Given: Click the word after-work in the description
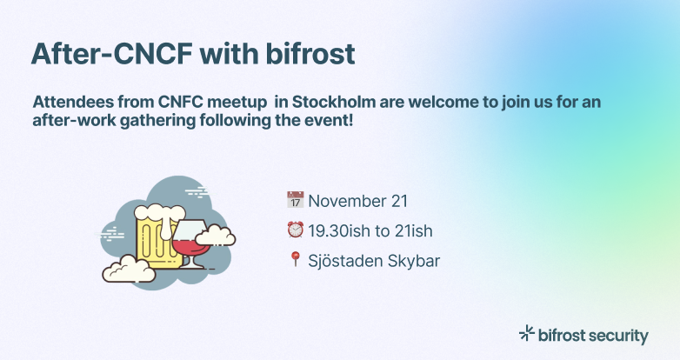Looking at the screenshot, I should [70, 122].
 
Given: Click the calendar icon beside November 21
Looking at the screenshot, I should [294, 200].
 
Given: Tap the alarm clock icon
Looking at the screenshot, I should [294, 230].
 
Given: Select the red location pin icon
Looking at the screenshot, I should [294, 259].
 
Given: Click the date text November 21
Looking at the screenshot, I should [358, 201].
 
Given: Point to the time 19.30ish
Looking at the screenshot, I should [342, 230].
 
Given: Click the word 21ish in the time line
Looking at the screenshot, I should [413, 230].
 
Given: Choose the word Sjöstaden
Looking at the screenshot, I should [345, 260].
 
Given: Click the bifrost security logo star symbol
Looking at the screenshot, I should [526, 333].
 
